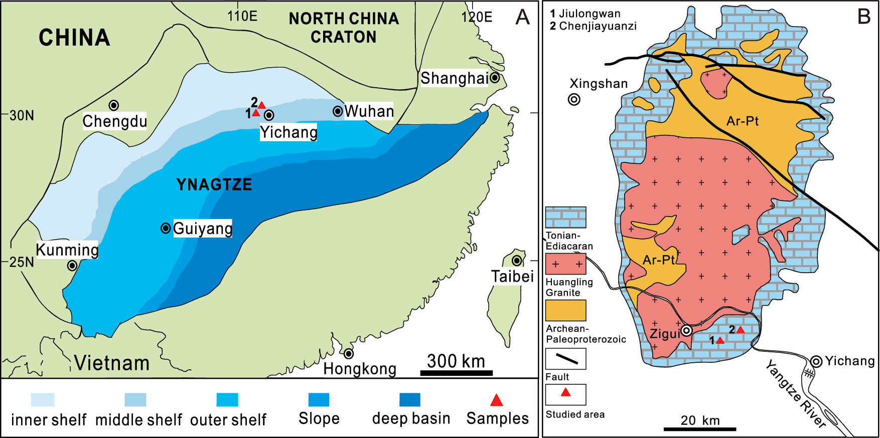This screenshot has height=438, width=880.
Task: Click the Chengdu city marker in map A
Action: click(114, 105)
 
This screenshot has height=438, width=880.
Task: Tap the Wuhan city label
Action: click(369, 111)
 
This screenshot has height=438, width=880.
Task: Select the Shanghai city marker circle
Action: click(495, 77)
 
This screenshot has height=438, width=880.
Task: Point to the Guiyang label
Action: click(203, 229)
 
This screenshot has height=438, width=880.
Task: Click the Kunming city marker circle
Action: click(72, 265)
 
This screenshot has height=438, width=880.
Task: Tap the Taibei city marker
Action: click(517, 260)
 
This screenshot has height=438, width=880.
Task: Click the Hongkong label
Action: click(360, 369)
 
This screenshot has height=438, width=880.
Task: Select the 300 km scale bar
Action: click(456, 372)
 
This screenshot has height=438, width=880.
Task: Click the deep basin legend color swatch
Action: click(409, 399)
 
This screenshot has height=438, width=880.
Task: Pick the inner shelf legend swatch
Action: click(43, 399)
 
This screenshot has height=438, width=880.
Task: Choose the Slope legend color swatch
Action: click(319, 399)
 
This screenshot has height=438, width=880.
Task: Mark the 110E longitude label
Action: click(242, 16)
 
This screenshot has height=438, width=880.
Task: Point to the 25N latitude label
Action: click(21, 262)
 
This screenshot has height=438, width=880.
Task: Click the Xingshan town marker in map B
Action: click(574, 99)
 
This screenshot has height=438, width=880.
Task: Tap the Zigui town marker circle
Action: click(686, 331)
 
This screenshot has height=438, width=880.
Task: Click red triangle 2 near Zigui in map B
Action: click(740, 330)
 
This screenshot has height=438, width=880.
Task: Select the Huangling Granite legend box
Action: click(565, 264)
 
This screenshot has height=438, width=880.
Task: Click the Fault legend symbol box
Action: click(565, 359)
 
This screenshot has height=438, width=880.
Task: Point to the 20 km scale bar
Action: click(700, 429)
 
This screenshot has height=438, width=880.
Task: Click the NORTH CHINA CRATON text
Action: click(344, 28)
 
